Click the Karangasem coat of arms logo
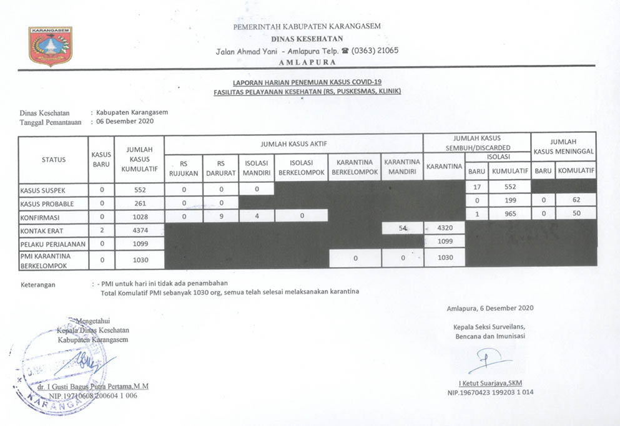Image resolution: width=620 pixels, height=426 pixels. pos(51,46)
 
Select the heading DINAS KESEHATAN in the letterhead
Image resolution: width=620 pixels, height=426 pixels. pos(307,39)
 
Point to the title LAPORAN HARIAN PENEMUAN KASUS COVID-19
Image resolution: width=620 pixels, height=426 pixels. pos(306,82)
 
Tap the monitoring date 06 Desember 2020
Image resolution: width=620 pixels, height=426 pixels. pos(125,122)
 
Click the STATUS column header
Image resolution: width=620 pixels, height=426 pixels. pos(54,160)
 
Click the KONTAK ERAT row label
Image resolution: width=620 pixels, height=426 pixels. pos(42,231)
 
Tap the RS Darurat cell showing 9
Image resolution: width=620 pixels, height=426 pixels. pos(221,216)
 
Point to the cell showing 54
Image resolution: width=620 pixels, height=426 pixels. pos(402,230)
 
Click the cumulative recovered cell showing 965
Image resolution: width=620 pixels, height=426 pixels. pos(509,213)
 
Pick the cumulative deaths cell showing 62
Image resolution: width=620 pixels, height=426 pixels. pos(575,200)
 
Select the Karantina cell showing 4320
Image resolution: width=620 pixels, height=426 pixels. pos(444,228)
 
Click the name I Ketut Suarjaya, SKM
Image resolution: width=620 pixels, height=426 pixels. pos(490,382)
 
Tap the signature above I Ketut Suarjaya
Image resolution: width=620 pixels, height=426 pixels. pos(488,361)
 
